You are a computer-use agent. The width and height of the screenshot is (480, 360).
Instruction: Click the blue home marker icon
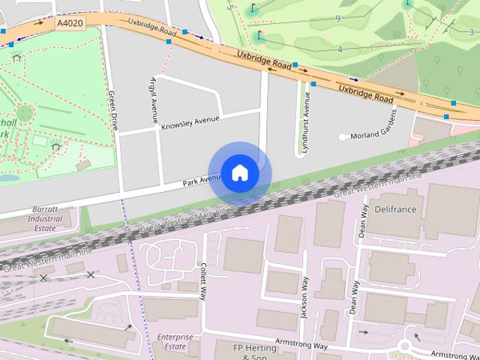coord(240,172)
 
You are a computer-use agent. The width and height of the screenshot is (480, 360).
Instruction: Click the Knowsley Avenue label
coord(190,123)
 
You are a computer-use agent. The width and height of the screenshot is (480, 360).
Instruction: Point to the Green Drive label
coord(112,110)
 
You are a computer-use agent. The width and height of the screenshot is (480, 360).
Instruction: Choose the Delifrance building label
coord(394,209)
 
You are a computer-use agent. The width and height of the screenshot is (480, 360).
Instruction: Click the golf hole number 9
coord(338,18)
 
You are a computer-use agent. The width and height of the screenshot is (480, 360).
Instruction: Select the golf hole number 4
coord(340,49)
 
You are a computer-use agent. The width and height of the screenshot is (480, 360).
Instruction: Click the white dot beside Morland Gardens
coord(343,137)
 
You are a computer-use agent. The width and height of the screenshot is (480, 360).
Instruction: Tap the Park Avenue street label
coord(201,179)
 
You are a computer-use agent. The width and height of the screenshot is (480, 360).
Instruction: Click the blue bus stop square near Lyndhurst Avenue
coord(313,85)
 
